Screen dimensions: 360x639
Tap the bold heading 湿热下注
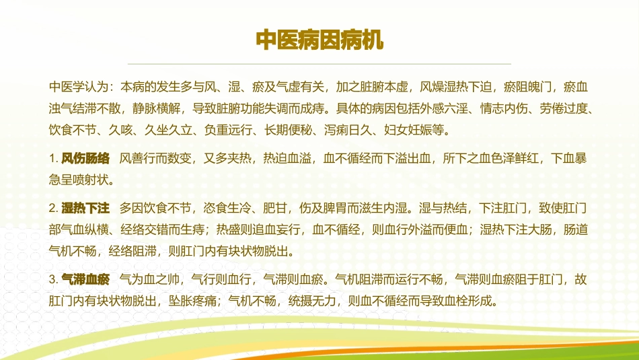(x=85, y=207)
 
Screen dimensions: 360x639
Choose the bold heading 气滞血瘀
(x=85, y=278)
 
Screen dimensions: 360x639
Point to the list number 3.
(x=53, y=278)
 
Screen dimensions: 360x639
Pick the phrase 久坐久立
(x=172, y=129)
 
